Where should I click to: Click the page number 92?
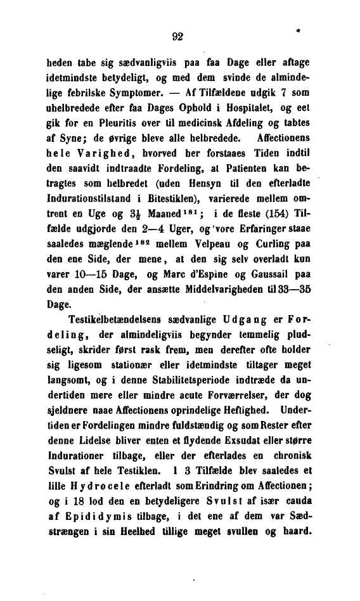(177, 36)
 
